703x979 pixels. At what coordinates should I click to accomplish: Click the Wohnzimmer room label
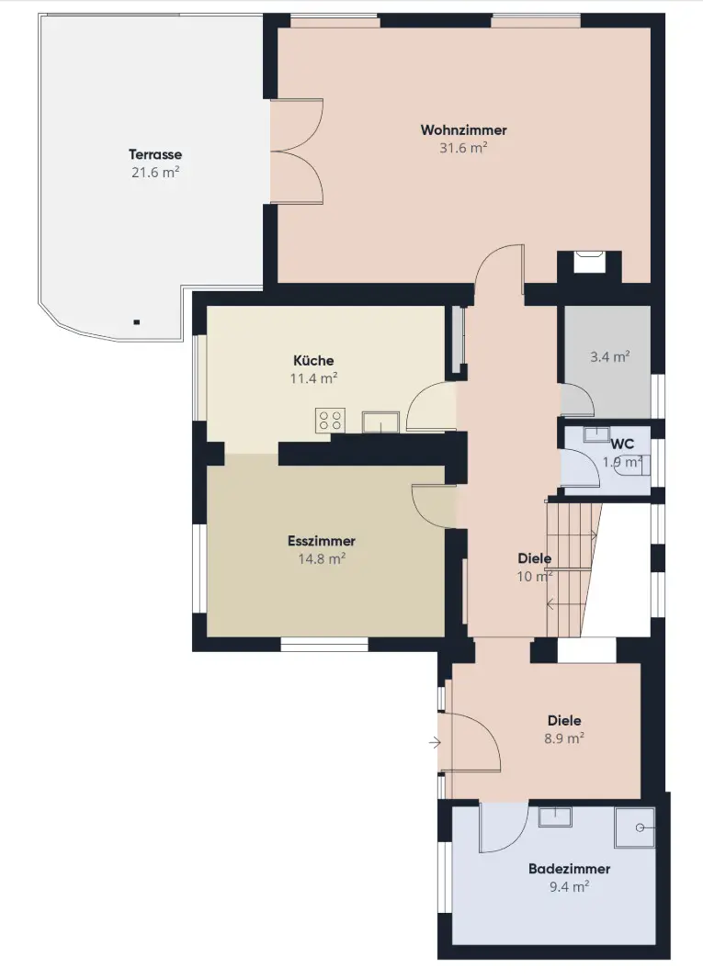pos(463,129)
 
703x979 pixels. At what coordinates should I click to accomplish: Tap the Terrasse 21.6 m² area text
pos(155,173)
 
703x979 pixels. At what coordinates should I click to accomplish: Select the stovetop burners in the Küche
pos(330,420)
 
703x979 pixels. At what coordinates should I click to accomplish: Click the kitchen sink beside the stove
pos(381,422)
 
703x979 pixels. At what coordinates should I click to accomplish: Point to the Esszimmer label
pos(322,541)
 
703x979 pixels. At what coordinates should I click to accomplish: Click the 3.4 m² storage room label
pos(610,356)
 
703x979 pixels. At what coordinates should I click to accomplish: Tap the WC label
pos(622,444)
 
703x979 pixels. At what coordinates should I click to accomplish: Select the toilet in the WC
pos(635,465)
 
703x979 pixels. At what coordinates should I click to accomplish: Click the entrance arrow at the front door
pos(435,742)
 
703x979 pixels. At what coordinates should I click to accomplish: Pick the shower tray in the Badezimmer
pos(634,827)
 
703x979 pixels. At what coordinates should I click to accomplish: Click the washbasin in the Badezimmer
pos(555,816)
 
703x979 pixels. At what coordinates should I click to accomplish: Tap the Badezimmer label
pos(569,869)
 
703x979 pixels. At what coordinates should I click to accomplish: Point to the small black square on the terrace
pos(136,322)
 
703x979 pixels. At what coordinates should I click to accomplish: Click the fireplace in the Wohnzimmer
pos(589,262)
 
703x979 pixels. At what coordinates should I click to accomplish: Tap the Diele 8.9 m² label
pos(564,729)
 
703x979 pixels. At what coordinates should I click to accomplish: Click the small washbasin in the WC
pos(596,433)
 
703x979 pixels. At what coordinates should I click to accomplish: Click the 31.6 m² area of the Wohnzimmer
pos(463,148)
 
